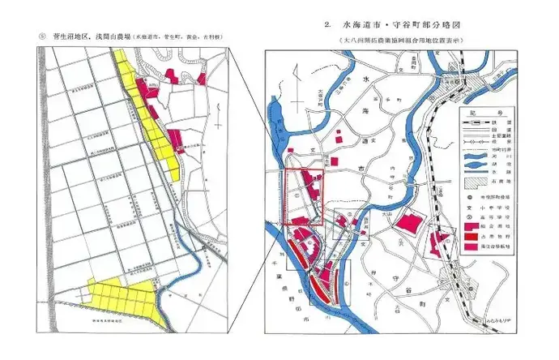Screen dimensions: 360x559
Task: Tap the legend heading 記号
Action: point(488,114)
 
